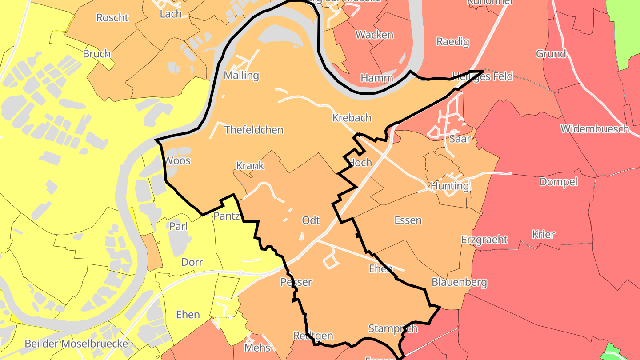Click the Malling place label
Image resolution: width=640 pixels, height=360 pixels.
pos(241,75)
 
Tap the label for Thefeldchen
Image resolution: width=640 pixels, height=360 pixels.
pos(254,130)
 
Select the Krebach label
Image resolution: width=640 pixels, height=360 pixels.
pos(352,118)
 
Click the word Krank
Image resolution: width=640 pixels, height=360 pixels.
pos(250,166)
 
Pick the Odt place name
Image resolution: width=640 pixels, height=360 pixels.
pos(311,220)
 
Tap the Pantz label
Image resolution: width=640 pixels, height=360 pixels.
pos(227,216)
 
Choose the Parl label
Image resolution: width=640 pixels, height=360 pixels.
pos(178,226)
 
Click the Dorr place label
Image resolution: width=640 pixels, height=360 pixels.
pos(192,262)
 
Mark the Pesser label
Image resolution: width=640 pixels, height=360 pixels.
pos(296,282)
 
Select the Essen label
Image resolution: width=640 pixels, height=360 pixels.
pos(408,220)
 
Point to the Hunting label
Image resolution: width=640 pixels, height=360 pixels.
pos(450,186)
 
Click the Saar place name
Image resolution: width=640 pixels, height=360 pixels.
pos(460,139)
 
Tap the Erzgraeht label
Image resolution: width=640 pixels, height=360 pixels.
pos(484,240)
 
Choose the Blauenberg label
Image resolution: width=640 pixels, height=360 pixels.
pos(459,282)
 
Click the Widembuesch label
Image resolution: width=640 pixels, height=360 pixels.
pos(595,129)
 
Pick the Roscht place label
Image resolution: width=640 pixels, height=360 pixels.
pos(112,18)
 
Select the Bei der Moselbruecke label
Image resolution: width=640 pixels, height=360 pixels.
pos(76,344)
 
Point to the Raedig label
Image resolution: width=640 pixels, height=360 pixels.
pos(452,42)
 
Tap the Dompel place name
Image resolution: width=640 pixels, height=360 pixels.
pos(558,182)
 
